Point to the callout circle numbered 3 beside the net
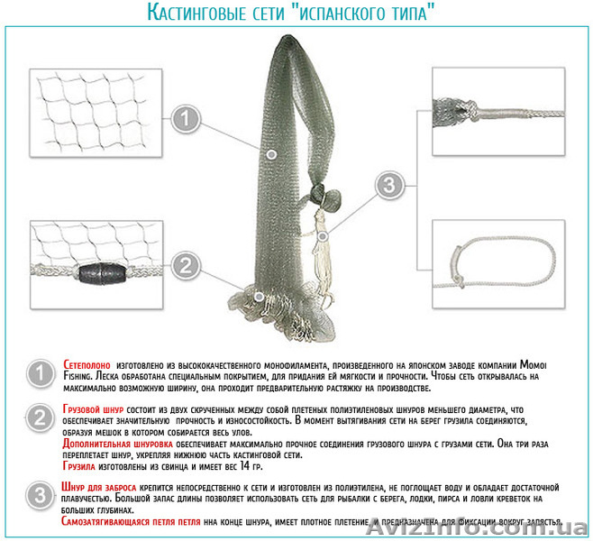tap(388, 187)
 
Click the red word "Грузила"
tap(81, 468)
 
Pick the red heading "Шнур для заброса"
tap(101, 487)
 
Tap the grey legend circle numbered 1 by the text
tap(39, 375)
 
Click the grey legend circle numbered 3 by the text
tap(39, 495)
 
